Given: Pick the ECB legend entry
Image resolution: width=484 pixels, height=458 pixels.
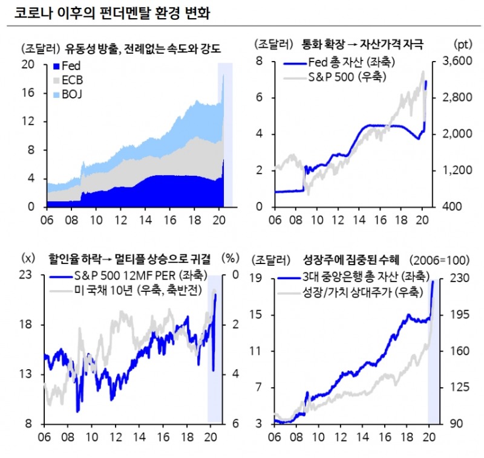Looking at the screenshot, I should [71, 80].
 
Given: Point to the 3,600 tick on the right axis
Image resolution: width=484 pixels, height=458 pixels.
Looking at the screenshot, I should [445, 62].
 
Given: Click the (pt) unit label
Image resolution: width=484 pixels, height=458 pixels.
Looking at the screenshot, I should [462, 44].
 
